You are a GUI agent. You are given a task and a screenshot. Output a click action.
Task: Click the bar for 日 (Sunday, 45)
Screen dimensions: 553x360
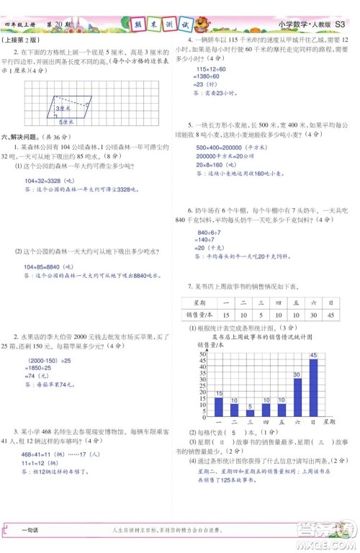coord(313,386)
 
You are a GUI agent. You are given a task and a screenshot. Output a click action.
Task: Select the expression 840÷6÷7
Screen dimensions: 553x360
coord(210,233)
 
